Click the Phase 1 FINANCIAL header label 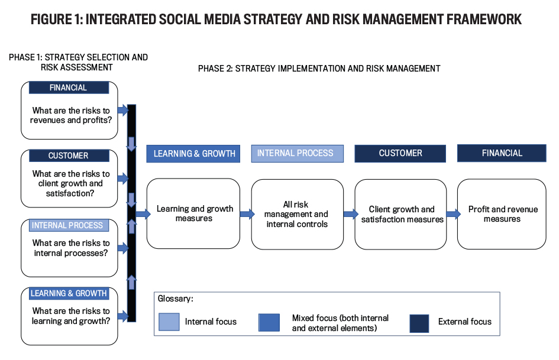(69, 87)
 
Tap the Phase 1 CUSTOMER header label (69, 155)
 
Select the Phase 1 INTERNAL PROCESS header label (69, 225)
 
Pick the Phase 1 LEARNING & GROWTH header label (69, 293)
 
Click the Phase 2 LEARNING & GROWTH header (193, 154)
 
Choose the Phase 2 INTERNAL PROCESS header (298, 154)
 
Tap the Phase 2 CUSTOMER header (400, 154)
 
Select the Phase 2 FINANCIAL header (502, 153)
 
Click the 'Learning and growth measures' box (193, 213)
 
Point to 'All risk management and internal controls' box (298, 214)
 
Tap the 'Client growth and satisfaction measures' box (400, 214)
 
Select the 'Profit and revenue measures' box (502, 214)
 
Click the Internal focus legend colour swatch (169, 322)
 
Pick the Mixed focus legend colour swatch (269, 323)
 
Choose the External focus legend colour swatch (419, 323)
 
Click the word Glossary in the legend (175, 299)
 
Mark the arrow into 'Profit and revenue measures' (454, 214)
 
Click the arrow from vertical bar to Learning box (143, 214)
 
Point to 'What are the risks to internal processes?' (71, 248)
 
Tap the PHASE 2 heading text (319, 69)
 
